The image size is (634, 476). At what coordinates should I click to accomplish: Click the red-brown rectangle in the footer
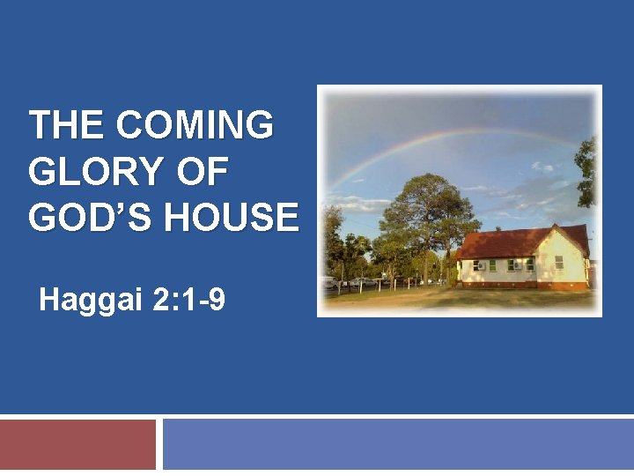pos(77,444)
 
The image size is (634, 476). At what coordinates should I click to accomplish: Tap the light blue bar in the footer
pos(398,444)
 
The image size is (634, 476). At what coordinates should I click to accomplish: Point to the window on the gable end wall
pos(558,262)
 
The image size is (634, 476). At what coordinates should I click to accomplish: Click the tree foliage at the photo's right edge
pos(586,172)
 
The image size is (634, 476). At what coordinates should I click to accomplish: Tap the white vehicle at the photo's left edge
pos(328,283)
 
